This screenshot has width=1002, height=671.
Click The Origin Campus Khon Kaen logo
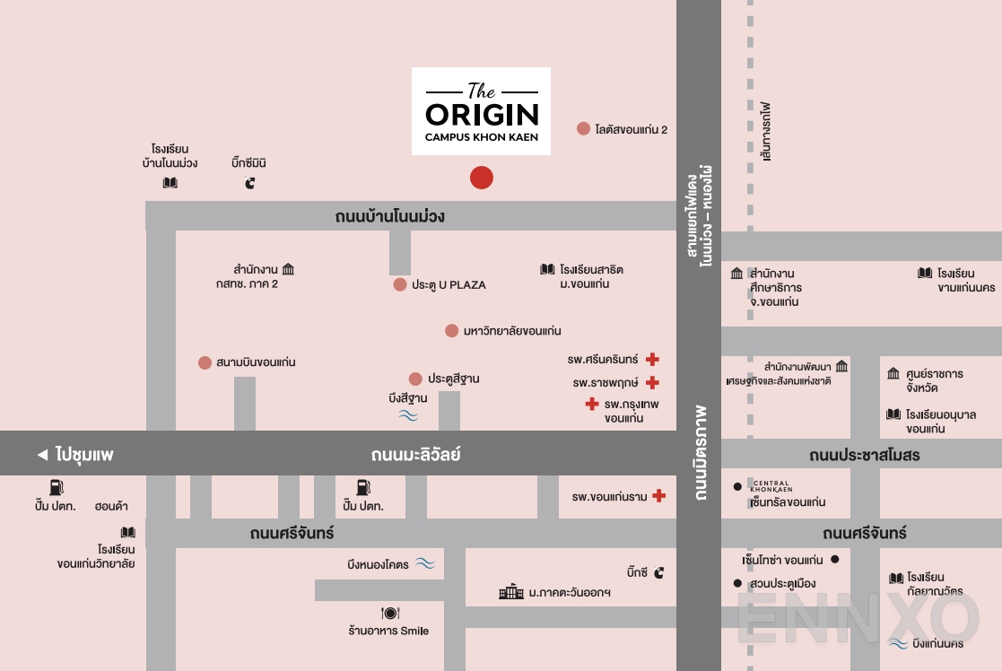click(x=481, y=111)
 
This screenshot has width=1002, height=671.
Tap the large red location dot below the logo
click(x=482, y=178)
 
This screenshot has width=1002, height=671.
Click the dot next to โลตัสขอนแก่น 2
click(x=583, y=129)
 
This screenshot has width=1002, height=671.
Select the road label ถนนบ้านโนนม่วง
click(x=389, y=216)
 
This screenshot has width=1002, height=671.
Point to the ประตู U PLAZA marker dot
click(x=400, y=284)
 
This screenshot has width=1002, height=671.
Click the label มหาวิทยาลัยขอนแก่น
click(x=512, y=331)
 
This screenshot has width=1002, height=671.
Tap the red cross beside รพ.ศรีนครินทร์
click(x=652, y=360)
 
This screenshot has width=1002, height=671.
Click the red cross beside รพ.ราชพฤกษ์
click(x=652, y=383)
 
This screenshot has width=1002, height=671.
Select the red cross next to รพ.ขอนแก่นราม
click(x=658, y=496)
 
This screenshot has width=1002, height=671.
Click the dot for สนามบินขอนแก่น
click(x=205, y=362)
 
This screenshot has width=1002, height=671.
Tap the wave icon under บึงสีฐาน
click(x=408, y=415)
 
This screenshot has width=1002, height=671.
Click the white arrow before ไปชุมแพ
click(x=41, y=455)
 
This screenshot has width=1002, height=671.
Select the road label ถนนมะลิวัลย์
click(x=415, y=455)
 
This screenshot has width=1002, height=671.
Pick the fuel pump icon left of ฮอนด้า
click(x=56, y=487)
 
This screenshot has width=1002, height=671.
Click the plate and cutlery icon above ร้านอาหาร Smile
click(x=389, y=614)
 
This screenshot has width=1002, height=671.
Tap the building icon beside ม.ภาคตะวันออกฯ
click(x=510, y=592)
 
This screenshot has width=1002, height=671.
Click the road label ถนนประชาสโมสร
click(x=864, y=455)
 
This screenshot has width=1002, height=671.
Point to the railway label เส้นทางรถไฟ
click(x=765, y=131)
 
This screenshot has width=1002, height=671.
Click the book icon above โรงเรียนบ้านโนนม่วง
click(x=170, y=183)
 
